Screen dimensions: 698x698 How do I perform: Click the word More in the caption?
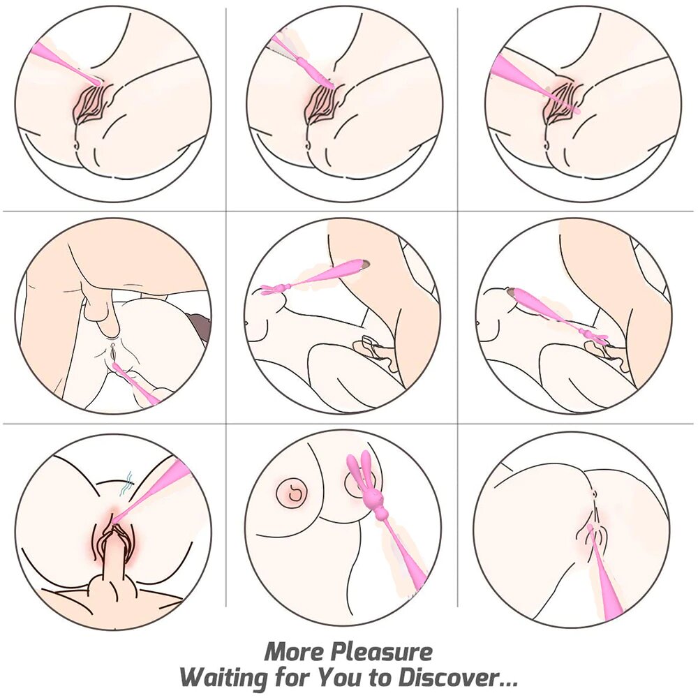(x=295, y=652)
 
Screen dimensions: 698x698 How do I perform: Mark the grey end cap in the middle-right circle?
(x=512, y=292)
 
